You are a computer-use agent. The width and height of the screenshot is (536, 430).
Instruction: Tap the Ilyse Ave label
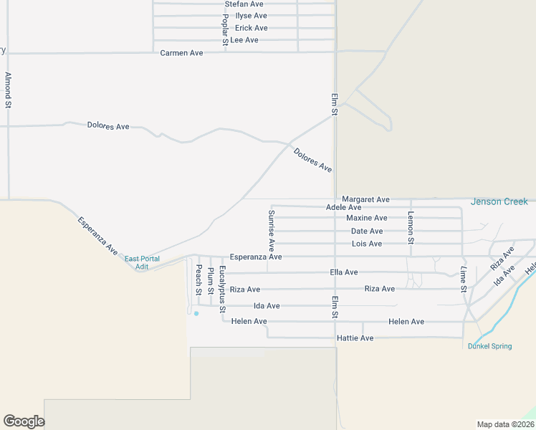click(251, 16)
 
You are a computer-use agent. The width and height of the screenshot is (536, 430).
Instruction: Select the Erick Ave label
click(251, 28)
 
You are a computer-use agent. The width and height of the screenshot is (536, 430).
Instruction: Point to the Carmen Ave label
click(181, 53)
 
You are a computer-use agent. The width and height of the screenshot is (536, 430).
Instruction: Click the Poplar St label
click(224, 29)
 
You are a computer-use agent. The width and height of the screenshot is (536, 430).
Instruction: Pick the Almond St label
click(8, 90)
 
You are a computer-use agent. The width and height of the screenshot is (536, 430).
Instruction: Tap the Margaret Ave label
click(365, 199)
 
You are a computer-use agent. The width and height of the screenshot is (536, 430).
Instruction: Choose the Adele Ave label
click(343, 207)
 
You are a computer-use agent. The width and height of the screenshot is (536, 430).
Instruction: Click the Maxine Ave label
click(366, 218)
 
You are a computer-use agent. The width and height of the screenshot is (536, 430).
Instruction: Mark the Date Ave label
click(367, 231)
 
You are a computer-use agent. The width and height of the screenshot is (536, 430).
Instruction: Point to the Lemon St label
click(411, 227)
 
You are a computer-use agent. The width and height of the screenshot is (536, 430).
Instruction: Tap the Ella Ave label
click(343, 272)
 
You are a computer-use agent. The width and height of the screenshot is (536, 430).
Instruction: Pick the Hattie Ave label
click(355, 338)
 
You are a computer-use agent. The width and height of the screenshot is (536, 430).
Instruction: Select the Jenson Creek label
click(499, 202)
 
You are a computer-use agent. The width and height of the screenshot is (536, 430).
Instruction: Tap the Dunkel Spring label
click(489, 346)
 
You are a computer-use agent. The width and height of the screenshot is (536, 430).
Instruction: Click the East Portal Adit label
click(142, 262)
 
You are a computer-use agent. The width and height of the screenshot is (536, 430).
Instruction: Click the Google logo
click(24, 421)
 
